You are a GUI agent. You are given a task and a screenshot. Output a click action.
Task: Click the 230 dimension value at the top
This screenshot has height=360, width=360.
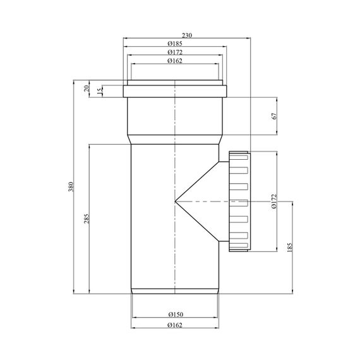[187, 35]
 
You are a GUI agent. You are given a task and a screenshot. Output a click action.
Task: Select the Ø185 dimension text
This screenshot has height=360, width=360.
[175, 44]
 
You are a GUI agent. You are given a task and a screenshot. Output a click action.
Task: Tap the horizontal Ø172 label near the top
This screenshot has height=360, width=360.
[175, 52]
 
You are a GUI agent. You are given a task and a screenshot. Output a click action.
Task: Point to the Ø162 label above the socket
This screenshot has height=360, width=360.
[175, 61]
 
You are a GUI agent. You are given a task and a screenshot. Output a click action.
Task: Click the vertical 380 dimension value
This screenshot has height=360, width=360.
[71, 187]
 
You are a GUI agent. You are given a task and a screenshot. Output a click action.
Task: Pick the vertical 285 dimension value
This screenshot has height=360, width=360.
[87, 219]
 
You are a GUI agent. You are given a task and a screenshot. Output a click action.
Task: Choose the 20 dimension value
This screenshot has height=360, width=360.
[87, 88]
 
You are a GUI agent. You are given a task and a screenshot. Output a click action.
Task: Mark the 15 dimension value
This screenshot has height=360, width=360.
[100, 91]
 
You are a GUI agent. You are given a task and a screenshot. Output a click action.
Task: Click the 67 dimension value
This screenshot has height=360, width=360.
[274, 116]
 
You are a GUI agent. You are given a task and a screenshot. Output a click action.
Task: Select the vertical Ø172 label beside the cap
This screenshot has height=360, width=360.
[274, 201]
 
